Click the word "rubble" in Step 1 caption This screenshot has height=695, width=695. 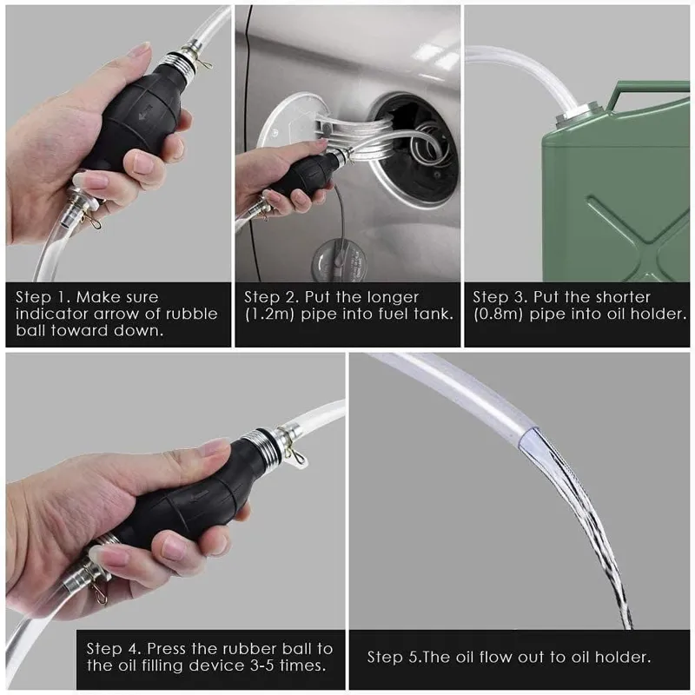tap(191, 314)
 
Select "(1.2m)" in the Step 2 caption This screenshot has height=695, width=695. tap(269, 314)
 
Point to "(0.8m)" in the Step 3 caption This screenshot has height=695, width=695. tap(498, 314)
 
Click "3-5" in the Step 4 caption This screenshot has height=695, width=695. tap(261, 665)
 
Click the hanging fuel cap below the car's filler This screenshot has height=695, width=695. tap(339, 261)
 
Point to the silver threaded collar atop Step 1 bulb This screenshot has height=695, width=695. tap(179, 66)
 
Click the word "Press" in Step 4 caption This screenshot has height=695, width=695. tap(167, 648)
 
